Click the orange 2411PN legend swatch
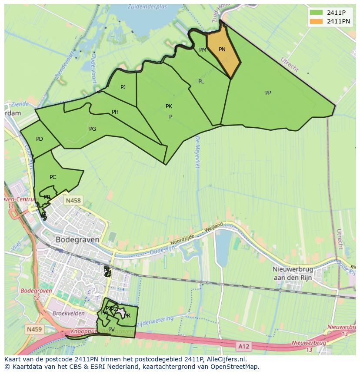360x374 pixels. pyautogui.click(x=317, y=21)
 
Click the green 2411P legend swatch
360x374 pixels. pyautogui.click(x=317, y=13)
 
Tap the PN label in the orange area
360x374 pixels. pyautogui.click(x=222, y=50)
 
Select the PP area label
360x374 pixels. pyautogui.click(x=268, y=93)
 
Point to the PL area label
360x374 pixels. pyautogui.click(x=201, y=82)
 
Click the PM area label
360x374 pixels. pyautogui.click(x=203, y=50)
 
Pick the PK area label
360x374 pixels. pyautogui.click(x=169, y=106)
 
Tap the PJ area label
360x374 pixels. pyautogui.click(x=123, y=87)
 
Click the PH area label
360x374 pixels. pyautogui.click(x=115, y=112)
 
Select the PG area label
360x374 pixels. pyautogui.click(x=92, y=129)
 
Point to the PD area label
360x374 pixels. pyautogui.click(x=40, y=139)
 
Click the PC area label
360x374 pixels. pyautogui.click(x=53, y=177)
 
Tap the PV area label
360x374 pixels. pyautogui.click(x=111, y=330)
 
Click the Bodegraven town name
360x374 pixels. pyautogui.click(x=77, y=239)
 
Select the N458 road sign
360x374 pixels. pyautogui.click(x=72, y=201)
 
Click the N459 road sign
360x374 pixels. pyautogui.click(x=34, y=330)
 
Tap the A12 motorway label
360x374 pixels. pyautogui.click(x=243, y=346)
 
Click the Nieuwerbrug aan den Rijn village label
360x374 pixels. pyautogui.click(x=294, y=273)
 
